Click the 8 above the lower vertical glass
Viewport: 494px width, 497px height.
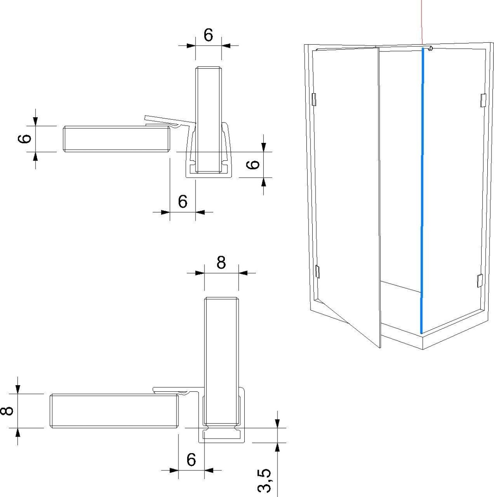(x=222, y=263)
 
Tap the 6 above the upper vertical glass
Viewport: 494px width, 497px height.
(x=208, y=36)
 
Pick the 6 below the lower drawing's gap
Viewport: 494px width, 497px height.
(x=191, y=460)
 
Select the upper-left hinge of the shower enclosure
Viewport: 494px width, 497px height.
(x=313, y=99)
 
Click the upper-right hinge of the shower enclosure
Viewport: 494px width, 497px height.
(x=482, y=100)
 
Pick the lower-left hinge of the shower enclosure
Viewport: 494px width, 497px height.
(x=318, y=271)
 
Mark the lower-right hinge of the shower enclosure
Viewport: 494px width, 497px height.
(x=479, y=280)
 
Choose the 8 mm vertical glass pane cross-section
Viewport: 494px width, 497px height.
(x=222, y=360)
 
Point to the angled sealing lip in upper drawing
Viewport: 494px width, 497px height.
(x=170, y=121)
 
